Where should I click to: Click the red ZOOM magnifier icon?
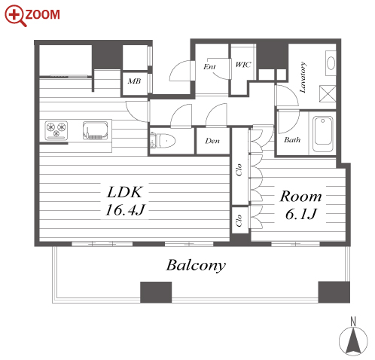[16, 15]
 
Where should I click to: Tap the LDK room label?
[125, 192]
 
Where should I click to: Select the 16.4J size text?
[125, 210]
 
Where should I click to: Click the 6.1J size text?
[301, 214]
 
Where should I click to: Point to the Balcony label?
[196, 265]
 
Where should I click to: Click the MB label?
[134, 81]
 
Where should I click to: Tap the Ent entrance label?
[209, 66]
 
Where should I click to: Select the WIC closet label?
[243, 65]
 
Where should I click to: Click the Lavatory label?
[303, 77]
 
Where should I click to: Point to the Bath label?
[292, 139]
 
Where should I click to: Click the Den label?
[212, 141]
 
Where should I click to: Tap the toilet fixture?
[163, 141]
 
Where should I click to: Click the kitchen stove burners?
[56, 130]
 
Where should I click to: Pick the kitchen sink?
[96, 130]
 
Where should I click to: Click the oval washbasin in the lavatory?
[331, 63]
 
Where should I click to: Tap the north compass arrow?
[353, 341]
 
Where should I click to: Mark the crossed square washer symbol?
[328, 93]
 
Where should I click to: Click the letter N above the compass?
[353, 322]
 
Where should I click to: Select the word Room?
[300, 197]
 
